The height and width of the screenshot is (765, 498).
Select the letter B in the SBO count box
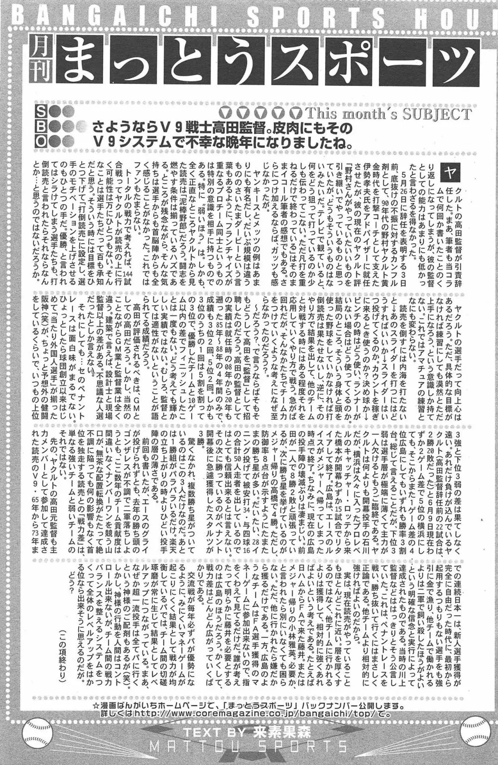point(41,125)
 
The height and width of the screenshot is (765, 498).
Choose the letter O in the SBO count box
point(41,140)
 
